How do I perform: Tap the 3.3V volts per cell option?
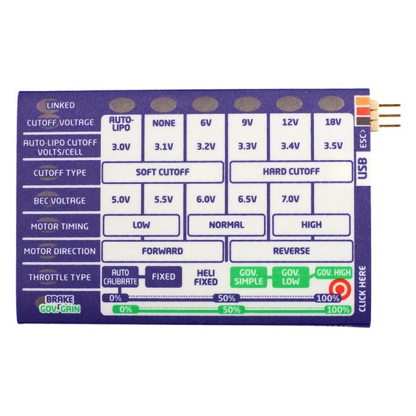tap(247, 147)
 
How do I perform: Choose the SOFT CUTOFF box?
tap(162, 172)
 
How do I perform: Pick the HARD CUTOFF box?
tap(291, 172)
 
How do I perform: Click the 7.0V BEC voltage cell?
tap(289, 200)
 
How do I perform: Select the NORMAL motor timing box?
tap(226, 225)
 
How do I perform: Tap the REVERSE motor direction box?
tap(291, 251)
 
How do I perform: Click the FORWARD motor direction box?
tap(162, 251)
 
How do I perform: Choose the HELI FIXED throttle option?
tap(205, 278)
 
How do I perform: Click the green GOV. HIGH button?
tap(334, 272)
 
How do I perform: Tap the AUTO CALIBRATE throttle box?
tap(121, 277)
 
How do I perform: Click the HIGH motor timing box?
tap(311, 225)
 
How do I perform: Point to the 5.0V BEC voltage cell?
tap(120, 200)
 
